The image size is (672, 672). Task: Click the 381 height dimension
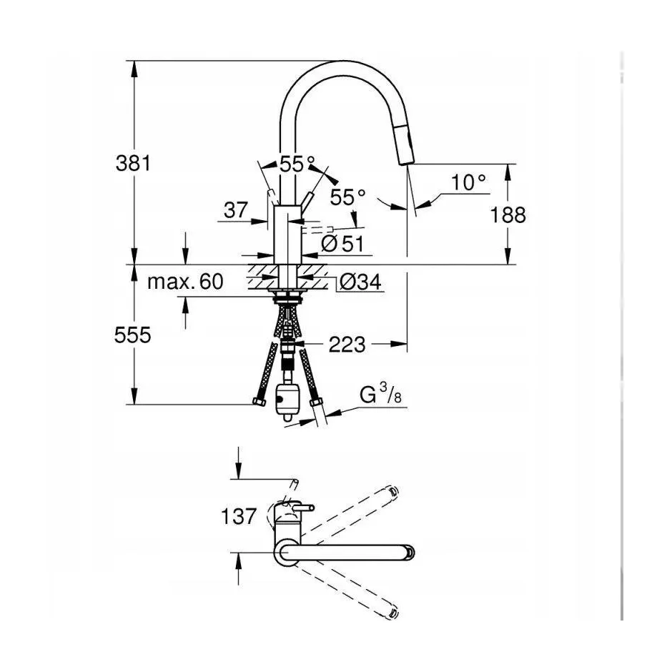(133, 163)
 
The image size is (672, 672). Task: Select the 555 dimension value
(133, 335)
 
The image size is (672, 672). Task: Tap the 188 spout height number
(508, 214)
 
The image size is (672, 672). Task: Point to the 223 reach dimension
(347, 345)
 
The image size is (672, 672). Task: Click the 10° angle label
(469, 182)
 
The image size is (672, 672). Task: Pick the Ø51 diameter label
(342, 244)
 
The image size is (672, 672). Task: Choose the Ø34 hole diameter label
(360, 282)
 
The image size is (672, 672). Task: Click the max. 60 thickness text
(185, 282)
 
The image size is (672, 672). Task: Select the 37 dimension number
(236, 210)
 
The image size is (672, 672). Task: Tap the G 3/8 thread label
(380, 394)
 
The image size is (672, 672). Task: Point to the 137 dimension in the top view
(239, 516)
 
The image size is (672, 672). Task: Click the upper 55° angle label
(297, 163)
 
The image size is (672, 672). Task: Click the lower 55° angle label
(347, 197)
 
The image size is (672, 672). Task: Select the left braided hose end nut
(259, 402)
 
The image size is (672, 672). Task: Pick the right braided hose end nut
(315, 401)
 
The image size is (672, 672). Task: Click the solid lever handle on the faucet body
(307, 199)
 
